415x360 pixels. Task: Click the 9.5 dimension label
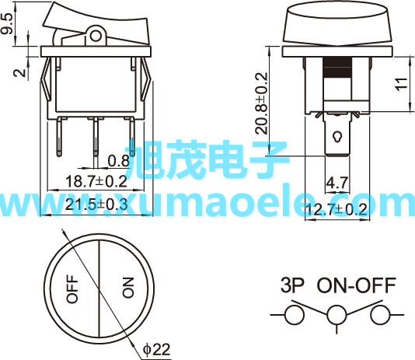pyautogui.click(x=7, y=24)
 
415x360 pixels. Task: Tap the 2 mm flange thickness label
pyautogui.click(x=20, y=72)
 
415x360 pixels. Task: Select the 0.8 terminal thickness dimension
pyautogui.click(x=119, y=161)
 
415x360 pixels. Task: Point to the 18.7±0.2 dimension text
pyautogui.click(x=96, y=181)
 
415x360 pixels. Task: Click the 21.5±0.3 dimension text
pyautogui.click(x=96, y=204)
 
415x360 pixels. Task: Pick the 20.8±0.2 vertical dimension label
pyautogui.click(x=262, y=103)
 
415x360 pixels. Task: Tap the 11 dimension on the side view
pyautogui.click(x=402, y=84)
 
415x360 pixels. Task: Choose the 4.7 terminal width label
pyautogui.click(x=337, y=183)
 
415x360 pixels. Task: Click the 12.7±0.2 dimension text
pyautogui.click(x=337, y=209)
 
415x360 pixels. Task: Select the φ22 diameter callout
pyautogui.click(x=157, y=350)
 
